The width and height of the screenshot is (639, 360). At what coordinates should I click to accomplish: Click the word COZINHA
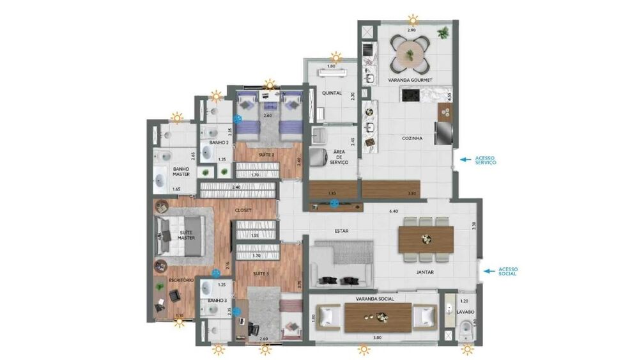[x=412, y=137]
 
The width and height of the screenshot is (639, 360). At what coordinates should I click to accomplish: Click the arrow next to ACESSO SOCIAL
[x=487, y=271]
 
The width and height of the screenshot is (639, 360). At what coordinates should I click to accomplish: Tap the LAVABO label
[x=466, y=312]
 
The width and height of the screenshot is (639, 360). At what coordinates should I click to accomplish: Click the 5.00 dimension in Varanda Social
[x=378, y=337]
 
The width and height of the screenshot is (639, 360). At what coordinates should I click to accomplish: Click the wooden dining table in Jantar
[x=426, y=239]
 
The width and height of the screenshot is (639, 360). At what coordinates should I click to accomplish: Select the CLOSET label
[x=243, y=209]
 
